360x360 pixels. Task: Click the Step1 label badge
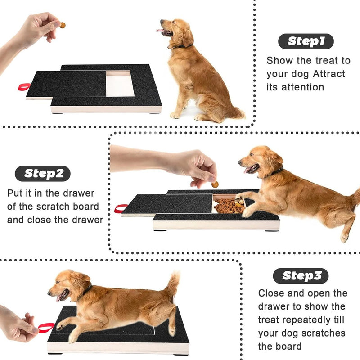pyautogui.click(x=306, y=41)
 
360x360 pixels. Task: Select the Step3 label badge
pyautogui.click(x=301, y=276)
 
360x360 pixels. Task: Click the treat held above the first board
pyautogui.click(x=63, y=25)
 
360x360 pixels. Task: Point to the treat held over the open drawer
pyautogui.click(x=215, y=184)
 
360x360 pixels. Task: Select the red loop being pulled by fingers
pyautogui.click(x=45, y=328)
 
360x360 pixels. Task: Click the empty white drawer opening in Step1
pyautogui.click(x=120, y=84)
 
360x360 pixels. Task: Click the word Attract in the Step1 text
pyautogui.click(x=328, y=74)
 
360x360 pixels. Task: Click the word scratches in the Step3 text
pyautogui.click(x=323, y=333)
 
